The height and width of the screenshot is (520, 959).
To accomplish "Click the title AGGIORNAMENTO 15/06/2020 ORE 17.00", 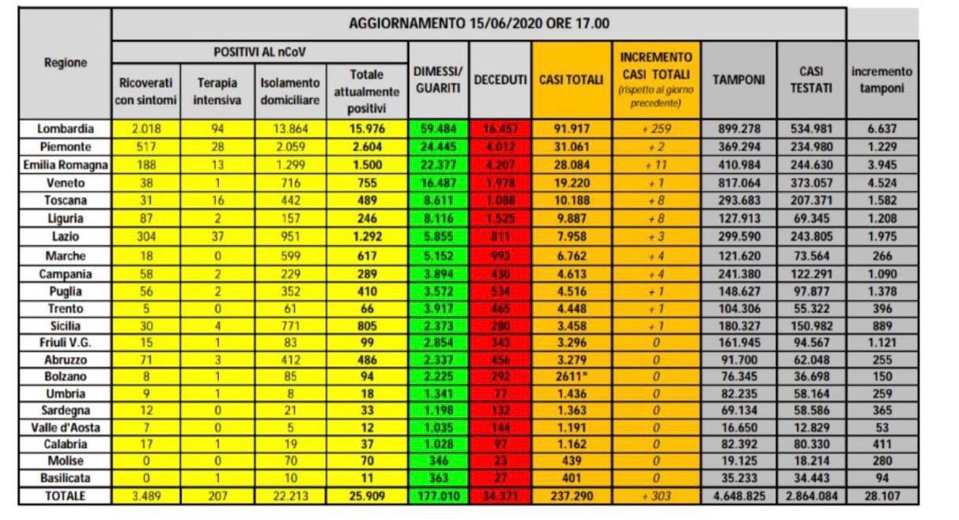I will (x=479, y=23).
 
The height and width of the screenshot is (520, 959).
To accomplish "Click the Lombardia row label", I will (x=66, y=128).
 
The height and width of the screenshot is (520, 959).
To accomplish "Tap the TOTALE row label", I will (x=66, y=497).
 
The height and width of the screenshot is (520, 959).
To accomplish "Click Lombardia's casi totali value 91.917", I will (x=571, y=128).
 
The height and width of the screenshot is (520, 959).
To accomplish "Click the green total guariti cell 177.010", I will (x=437, y=497).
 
